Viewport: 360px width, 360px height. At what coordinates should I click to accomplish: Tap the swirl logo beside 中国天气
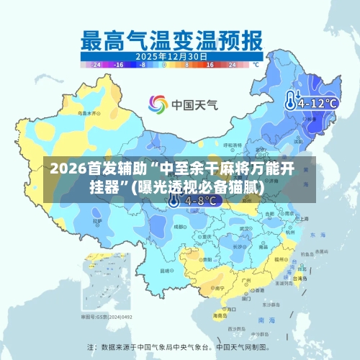coord(158,104)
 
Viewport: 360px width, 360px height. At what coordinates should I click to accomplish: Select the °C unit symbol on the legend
coord(255,64)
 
